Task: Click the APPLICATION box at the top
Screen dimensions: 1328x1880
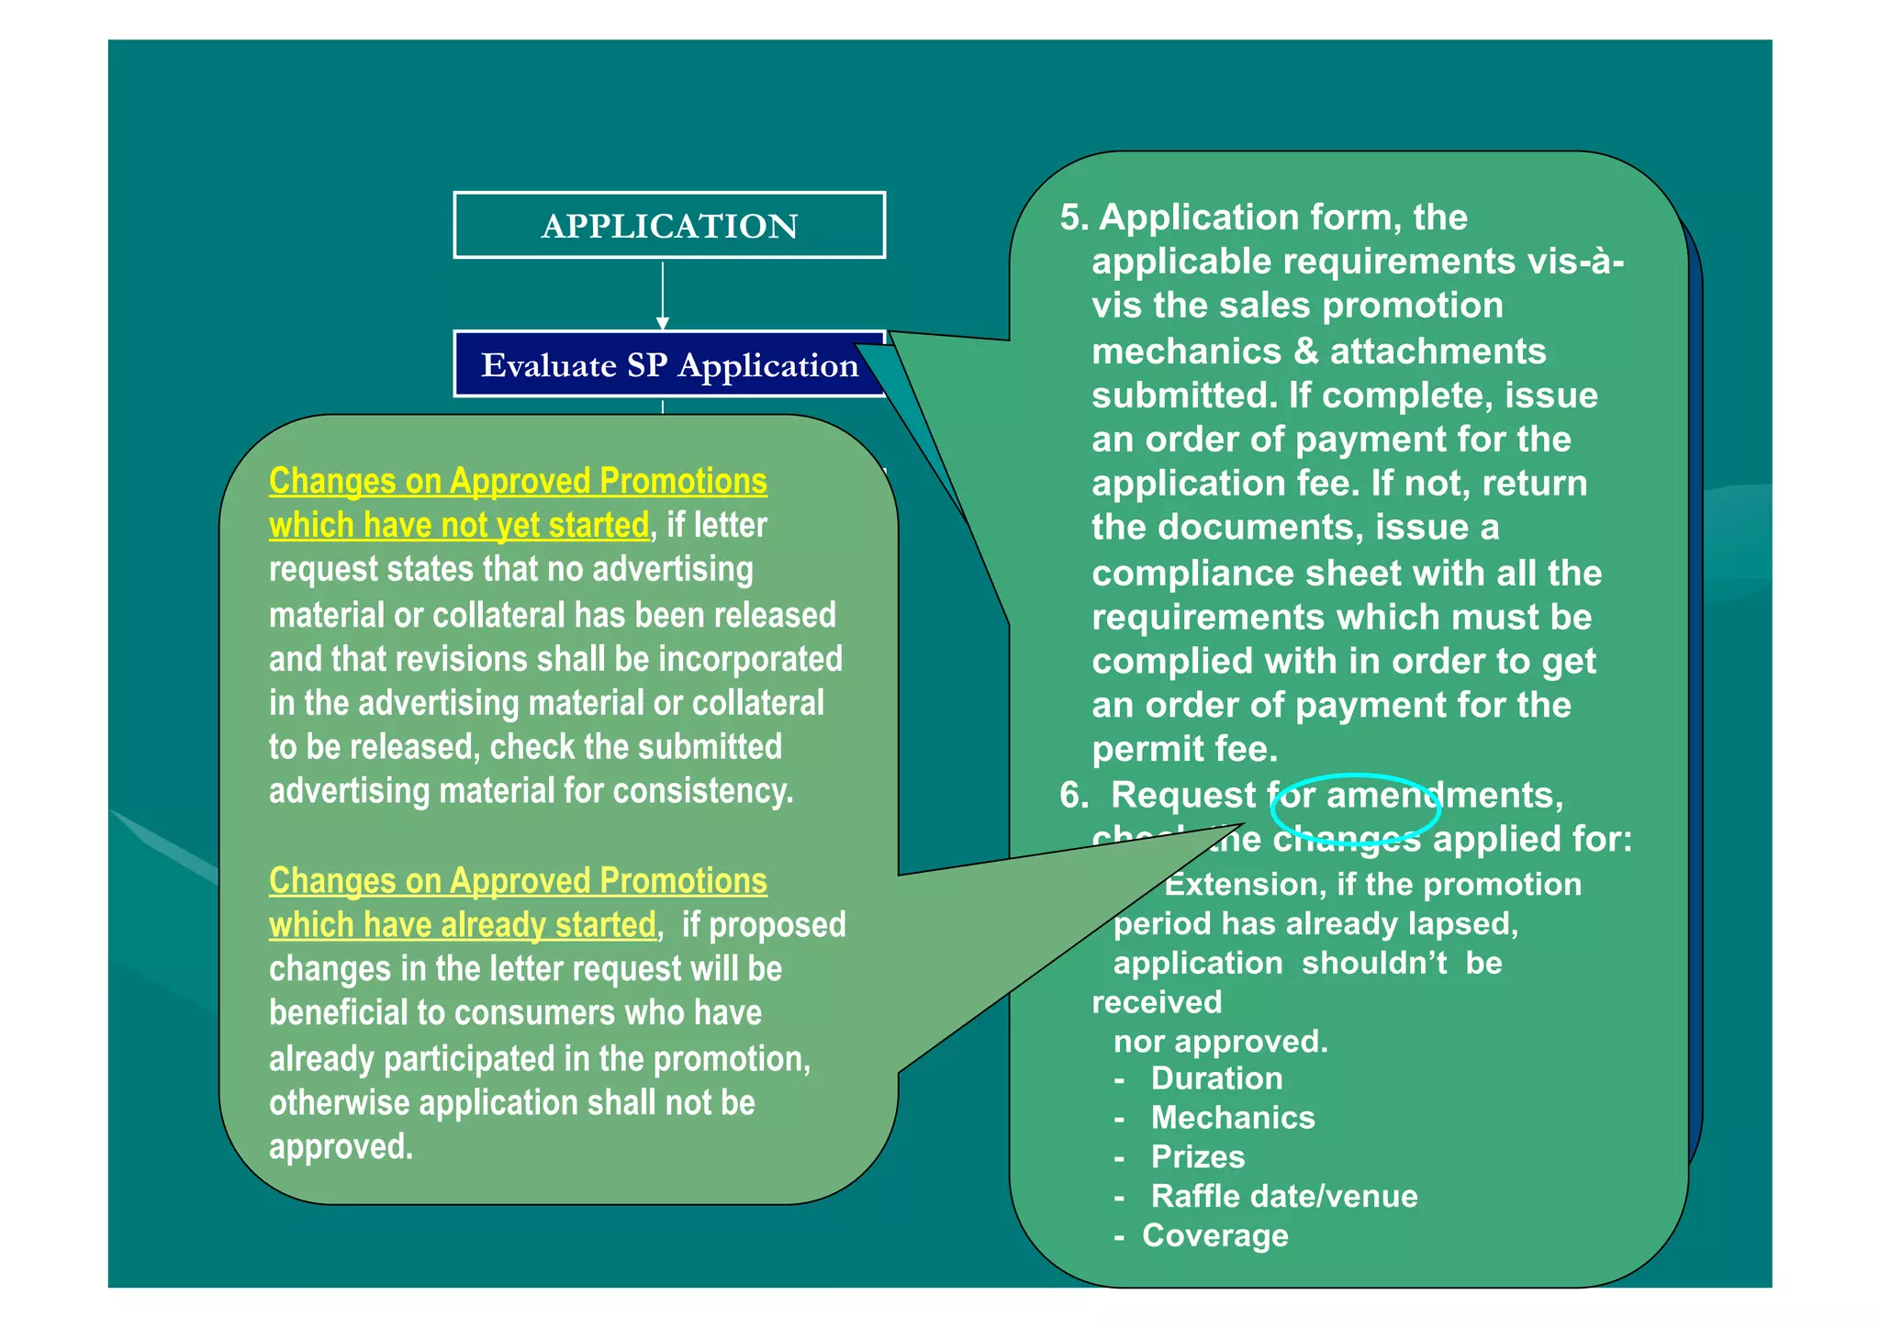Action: click(668, 225)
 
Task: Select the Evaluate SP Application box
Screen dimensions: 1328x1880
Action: click(668, 364)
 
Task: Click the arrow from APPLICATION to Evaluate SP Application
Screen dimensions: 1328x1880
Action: click(662, 295)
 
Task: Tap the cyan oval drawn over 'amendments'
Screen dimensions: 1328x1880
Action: click(1355, 809)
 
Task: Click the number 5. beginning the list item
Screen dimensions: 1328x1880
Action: click(1074, 218)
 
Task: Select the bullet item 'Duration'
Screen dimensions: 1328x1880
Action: click(1216, 1078)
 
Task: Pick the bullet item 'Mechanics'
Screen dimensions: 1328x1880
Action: click(1233, 1118)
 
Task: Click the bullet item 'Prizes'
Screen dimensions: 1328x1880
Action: click(1198, 1157)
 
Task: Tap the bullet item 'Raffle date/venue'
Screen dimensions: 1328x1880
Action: click(1284, 1197)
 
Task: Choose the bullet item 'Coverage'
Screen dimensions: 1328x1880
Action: click(1214, 1236)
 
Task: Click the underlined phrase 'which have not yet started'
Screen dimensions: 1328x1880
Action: click(459, 525)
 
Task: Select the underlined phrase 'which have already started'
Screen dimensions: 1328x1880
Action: click(462, 924)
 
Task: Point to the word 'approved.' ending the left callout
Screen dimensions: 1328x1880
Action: click(341, 1147)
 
